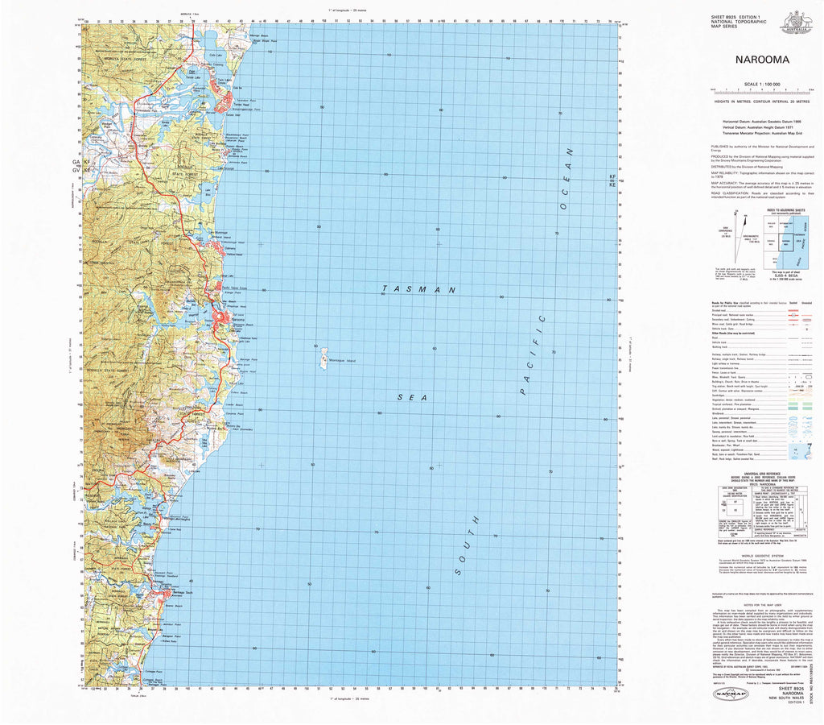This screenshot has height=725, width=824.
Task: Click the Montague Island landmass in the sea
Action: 319,354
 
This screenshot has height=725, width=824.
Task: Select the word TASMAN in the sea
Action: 418,288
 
